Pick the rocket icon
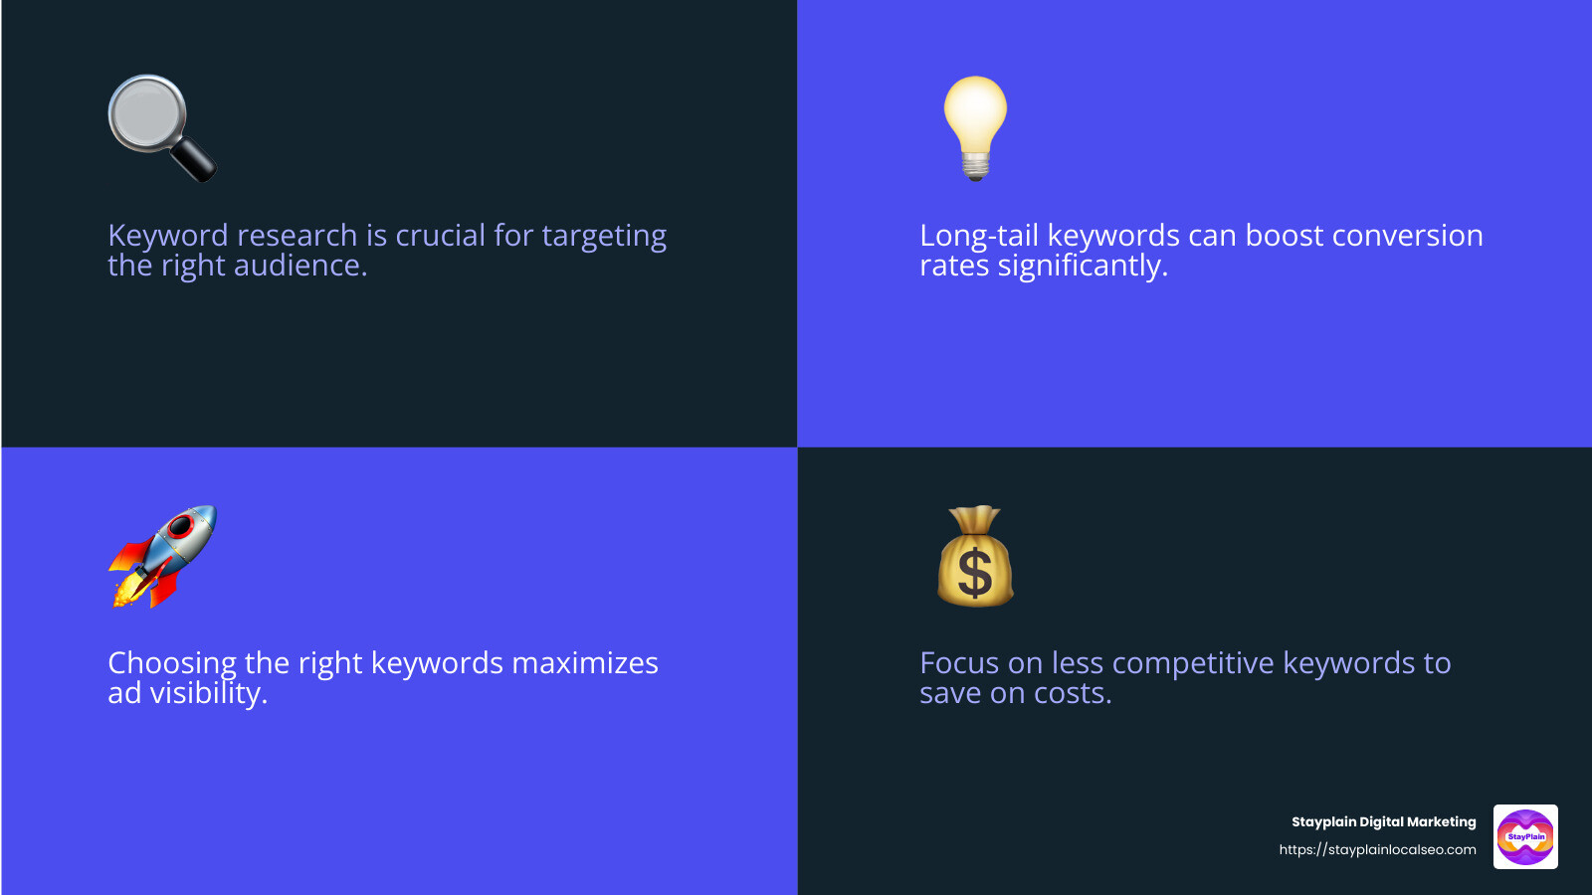coord(162,555)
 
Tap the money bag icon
coord(975,557)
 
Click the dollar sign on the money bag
coord(975,573)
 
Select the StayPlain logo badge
coord(1525,836)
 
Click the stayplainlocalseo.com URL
coord(1377,849)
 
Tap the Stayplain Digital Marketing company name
coord(1383,821)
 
